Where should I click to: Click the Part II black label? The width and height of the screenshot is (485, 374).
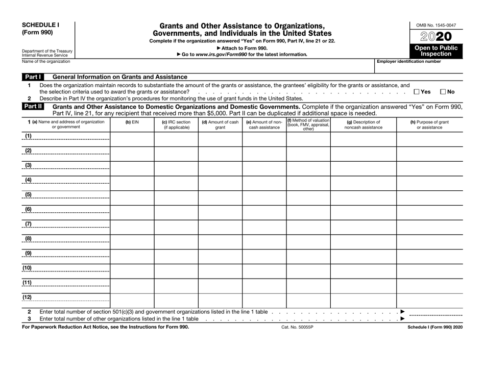click(32, 107)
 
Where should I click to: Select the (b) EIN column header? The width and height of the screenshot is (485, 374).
click(132, 122)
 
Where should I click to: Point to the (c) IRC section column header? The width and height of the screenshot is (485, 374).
click(176, 125)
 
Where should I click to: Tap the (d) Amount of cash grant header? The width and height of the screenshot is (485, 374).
click(220, 125)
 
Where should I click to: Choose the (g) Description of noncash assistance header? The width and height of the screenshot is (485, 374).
click(363, 125)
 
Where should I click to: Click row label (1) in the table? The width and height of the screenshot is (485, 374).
click(29, 136)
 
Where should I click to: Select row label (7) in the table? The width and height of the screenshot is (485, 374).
click(29, 224)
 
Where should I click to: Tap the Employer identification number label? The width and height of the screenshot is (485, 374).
click(408, 61)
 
